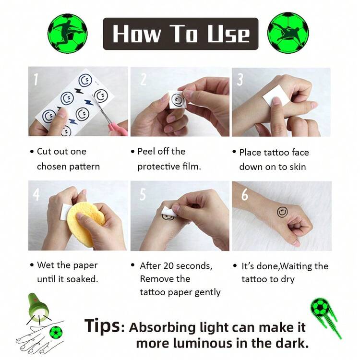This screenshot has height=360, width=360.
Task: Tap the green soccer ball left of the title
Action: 68,33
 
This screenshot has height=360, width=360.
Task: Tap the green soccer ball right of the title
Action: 288,33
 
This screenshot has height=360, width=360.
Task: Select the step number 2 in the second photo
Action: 144,79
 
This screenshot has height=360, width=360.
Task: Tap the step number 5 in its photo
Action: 143,194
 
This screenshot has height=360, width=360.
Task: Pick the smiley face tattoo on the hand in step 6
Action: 282,212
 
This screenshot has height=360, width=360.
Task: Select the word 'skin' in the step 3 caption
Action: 298,167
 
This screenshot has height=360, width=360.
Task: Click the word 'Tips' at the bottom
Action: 102,325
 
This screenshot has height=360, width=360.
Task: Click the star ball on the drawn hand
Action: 56,332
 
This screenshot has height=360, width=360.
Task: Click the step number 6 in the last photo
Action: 245,195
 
